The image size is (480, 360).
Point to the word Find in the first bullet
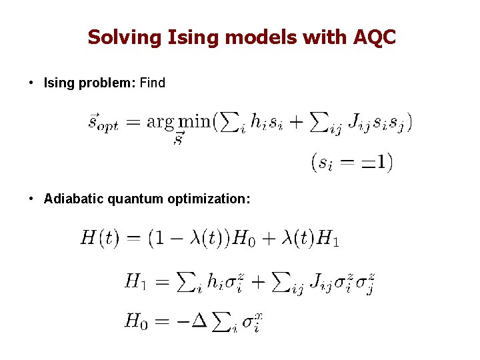pos(153,83)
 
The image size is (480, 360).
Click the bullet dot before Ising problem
pos(31,83)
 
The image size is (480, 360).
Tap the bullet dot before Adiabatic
pos(31,199)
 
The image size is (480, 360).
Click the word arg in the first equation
pos(160,122)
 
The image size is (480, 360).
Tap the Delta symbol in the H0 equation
pos(199,321)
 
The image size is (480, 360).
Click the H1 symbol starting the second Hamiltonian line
pos(135,281)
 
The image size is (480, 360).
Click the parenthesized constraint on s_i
pos(351,162)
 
